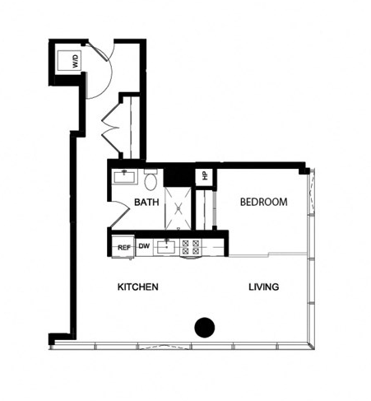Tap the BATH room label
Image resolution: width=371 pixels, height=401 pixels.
tap(146, 202)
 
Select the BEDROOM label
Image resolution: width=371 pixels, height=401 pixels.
tap(263, 202)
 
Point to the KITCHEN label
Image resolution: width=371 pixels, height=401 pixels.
tap(137, 287)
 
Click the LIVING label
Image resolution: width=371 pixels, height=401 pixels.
tap(264, 287)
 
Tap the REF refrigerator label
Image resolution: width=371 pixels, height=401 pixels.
tap(124, 246)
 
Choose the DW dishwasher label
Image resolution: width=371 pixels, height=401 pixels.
tap(144, 245)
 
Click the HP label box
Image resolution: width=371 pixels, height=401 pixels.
tap(203, 175)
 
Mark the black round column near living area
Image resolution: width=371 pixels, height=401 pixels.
tap(204, 327)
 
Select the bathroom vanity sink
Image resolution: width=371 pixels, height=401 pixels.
tap(128, 176)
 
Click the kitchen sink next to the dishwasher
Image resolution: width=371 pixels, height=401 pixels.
tap(167, 245)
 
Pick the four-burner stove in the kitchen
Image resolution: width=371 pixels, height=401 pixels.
tap(192, 245)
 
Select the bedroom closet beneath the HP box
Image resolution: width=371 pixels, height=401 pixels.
tap(206, 210)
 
